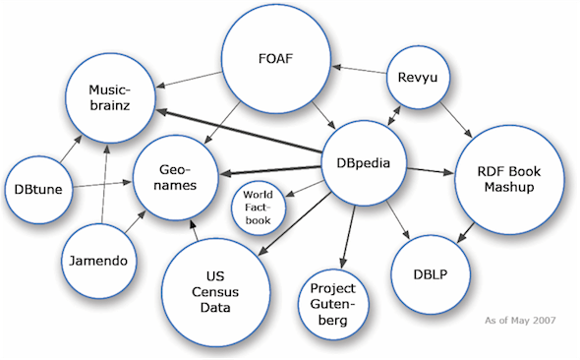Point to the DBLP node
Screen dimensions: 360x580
click(429, 270)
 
